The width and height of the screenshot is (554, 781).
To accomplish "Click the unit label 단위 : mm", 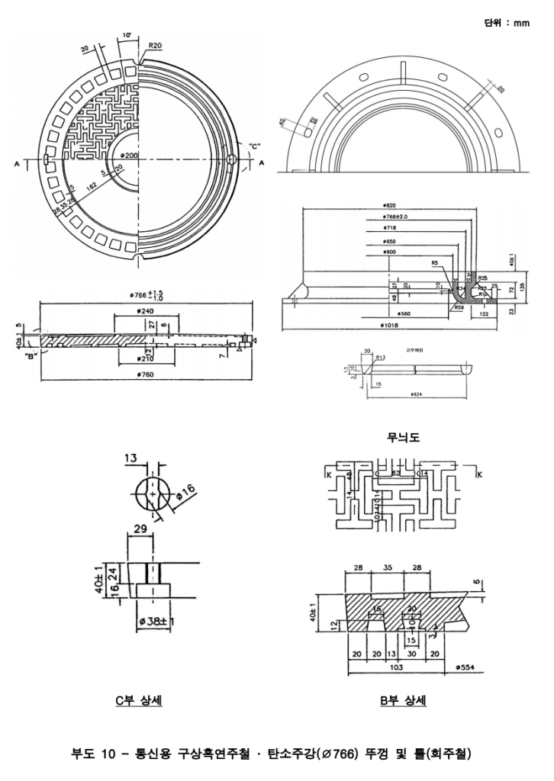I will tap(507, 24).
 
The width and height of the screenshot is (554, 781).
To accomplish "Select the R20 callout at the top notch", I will tap(155, 46).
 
